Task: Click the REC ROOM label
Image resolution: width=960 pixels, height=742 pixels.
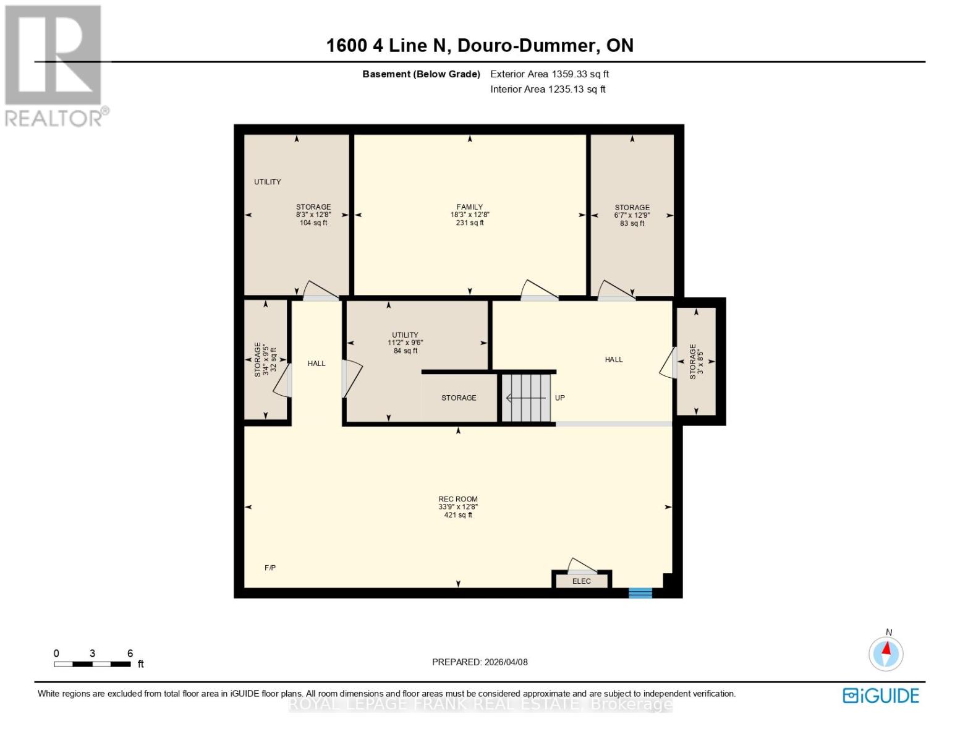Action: coord(458,499)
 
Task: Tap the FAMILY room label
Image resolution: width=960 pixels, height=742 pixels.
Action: coord(470,207)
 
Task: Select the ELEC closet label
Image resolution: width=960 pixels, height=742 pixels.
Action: coord(581,581)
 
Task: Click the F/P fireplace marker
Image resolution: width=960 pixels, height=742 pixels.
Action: coord(270,568)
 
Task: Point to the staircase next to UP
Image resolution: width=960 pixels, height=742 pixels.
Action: coord(526,398)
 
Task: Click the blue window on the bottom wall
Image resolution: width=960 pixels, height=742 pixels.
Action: coord(640,593)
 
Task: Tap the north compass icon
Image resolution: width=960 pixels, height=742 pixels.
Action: coord(886,654)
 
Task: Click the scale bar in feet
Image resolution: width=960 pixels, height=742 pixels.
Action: coord(92,664)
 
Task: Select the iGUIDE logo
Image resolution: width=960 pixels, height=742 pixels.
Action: coord(881,696)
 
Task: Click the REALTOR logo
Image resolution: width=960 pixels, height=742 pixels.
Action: coord(54,66)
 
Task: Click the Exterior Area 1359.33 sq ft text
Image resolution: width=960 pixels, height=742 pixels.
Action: coord(550,74)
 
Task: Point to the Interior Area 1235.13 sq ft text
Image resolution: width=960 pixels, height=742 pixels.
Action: coord(548,90)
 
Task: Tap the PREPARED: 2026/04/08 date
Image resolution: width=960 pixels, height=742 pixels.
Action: coord(480,662)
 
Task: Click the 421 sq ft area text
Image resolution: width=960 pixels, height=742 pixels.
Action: coord(458,515)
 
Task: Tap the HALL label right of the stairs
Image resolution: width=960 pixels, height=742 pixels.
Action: coord(614,359)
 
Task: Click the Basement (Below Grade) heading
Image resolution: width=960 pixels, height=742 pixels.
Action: coord(421,74)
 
